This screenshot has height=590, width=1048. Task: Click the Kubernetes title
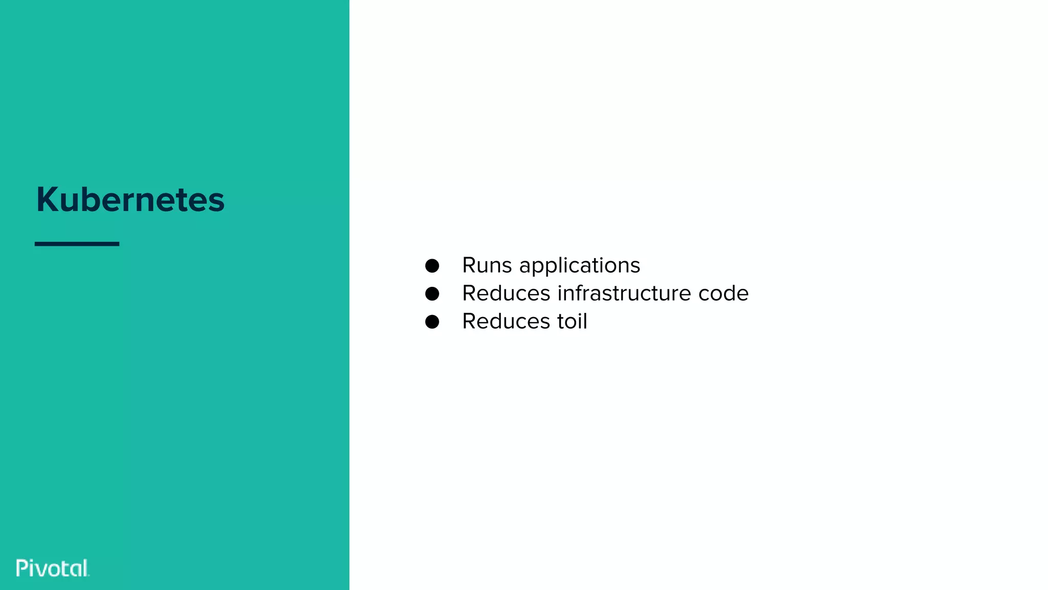pyautogui.click(x=130, y=199)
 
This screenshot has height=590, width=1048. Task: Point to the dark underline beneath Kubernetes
pyautogui.click(x=77, y=244)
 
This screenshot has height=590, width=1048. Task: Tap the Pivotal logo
pyautogui.click(x=53, y=568)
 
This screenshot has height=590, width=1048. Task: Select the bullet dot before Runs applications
pyautogui.click(x=432, y=266)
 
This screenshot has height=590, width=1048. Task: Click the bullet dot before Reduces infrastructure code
pyautogui.click(x=432, y=293)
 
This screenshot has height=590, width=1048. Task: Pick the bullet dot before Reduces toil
pyautogui.click(x=432, y=322)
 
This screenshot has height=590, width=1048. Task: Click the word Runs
pyautogui.click(x=487, y=265)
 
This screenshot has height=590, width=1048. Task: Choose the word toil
pyautogui.click(x=572, y=321)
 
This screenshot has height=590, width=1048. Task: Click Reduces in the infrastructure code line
pyautogui.click(x=506, y=293)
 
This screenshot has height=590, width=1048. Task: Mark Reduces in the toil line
pyautogui.click(x=506, y=322)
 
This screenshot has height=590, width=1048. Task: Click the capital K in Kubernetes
pyautogui.click(x=47, y=199)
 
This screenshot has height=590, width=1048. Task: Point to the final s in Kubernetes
pyautogui.click(x=217, y=201)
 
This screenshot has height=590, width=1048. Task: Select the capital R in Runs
pyautogui.click(x=469, y=265)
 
